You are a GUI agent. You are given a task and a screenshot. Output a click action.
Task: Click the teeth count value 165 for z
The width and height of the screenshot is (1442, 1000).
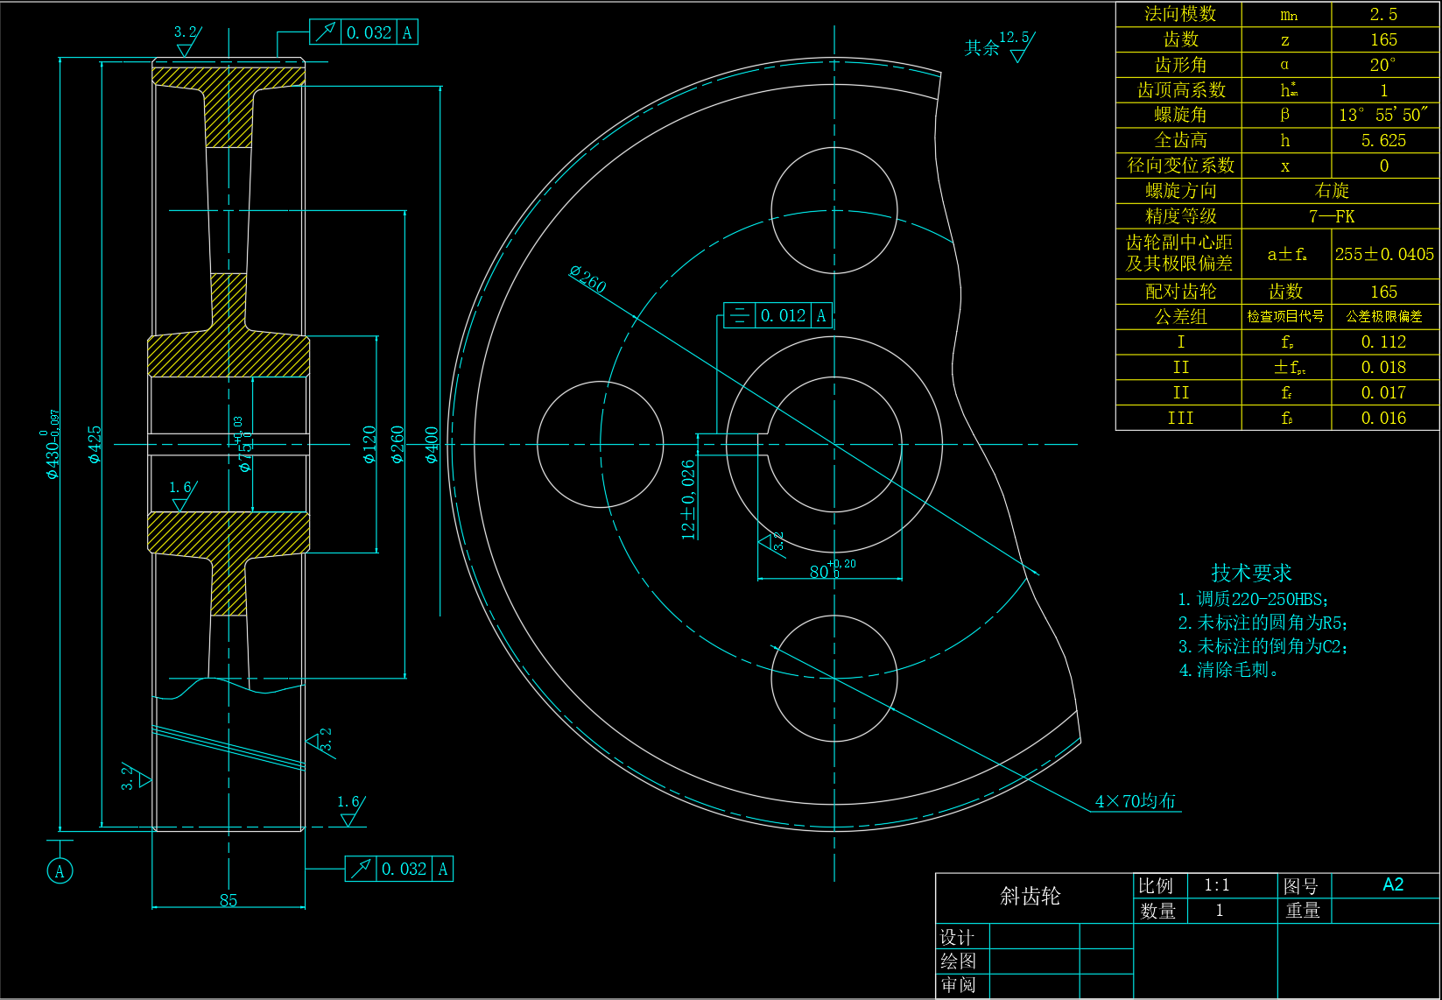point(1383,39)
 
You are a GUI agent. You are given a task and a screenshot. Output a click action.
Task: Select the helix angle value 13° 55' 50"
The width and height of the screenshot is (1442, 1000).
point(1383,115)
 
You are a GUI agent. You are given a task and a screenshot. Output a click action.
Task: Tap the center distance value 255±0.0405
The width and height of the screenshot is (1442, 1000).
point(1384,254)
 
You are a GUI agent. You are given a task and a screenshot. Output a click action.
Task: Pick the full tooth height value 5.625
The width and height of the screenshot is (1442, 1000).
point(1383,140)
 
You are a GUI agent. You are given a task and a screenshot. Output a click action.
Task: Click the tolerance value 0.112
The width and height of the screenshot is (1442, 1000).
point(1383,342)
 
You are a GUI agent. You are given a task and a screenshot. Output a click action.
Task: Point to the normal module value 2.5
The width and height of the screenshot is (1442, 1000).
point(1383,14)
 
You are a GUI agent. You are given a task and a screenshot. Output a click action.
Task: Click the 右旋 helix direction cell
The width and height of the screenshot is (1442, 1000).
point(1332,190)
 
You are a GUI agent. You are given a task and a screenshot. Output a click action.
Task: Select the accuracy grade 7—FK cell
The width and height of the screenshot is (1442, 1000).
point(1332,216)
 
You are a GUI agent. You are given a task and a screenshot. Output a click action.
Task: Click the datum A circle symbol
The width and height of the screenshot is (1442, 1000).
point(60,870)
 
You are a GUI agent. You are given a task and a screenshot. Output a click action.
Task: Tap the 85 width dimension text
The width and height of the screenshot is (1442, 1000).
point(229,900)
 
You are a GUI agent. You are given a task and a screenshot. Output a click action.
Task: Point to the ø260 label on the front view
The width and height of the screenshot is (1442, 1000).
point(587,278)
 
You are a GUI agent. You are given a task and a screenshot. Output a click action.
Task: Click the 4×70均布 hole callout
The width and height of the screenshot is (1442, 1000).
point(1136,801)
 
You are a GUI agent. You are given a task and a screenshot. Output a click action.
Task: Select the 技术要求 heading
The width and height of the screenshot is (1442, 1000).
point(1251,573)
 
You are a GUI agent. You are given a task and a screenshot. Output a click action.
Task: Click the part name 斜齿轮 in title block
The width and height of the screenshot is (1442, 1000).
point(1030,896)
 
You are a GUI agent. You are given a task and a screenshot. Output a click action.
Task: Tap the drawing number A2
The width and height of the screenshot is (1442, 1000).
point(1392,884)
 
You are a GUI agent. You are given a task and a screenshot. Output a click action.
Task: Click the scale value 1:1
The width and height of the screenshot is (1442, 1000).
point(1216,885)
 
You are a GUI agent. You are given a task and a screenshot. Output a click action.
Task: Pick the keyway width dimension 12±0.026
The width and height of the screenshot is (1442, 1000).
point(688,499)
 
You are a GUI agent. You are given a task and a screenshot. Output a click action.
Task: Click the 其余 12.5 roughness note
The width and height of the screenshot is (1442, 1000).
point(998,46)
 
